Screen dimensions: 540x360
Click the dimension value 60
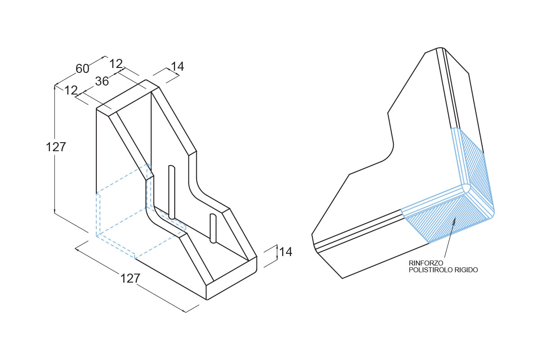click(82, 68)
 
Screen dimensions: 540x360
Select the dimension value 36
click(102, 81)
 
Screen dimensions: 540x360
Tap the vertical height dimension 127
click(56, 147)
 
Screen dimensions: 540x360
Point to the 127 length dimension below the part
click(130, 279)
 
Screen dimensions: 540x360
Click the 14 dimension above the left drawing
click(177, 66)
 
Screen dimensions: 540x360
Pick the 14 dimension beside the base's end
click(286, 252)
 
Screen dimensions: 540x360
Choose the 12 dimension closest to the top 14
click(116, 64)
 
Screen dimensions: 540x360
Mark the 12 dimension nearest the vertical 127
click(71, 90)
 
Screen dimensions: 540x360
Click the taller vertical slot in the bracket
click(171, 192)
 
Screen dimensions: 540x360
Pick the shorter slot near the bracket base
click(213, 228)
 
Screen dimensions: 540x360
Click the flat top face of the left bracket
click(128, 96)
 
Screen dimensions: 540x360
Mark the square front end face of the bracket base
click(232, 278)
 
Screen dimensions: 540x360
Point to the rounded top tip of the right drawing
click(441, 48)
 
